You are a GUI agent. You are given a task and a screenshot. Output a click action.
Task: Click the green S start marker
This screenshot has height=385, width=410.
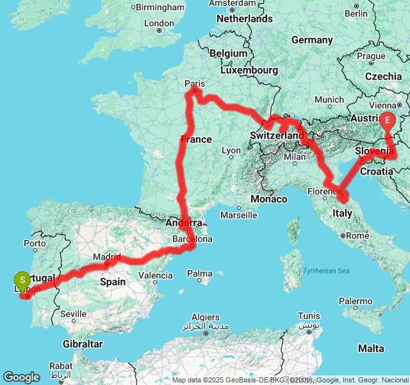click(x=22, y=280)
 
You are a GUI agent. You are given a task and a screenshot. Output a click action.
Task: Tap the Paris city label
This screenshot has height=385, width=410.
click(x=194, y=83)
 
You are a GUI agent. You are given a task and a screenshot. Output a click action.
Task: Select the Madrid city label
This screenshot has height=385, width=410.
click(x=106, y=257)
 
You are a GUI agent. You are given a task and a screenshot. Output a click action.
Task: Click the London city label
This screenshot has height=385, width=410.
click(x=160, y=23)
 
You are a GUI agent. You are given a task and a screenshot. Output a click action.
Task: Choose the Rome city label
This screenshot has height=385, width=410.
click(x=357, y=235)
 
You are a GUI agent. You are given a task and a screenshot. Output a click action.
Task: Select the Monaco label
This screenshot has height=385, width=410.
click(x=269, y=200)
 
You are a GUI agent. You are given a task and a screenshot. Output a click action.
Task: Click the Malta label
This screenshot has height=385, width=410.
click(x=372, y=348)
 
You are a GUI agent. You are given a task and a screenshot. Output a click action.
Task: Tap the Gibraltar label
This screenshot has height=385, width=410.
click(x=83, y=344)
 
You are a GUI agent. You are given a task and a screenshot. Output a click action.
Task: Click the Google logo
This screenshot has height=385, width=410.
click(x=21, y=377)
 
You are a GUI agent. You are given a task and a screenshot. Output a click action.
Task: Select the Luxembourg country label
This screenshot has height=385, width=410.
click(x=249, y=70)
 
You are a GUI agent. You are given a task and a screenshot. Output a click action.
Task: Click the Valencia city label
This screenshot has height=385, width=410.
click(x=155, y=276)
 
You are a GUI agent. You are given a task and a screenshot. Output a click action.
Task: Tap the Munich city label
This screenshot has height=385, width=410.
click(x=329, y=99)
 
